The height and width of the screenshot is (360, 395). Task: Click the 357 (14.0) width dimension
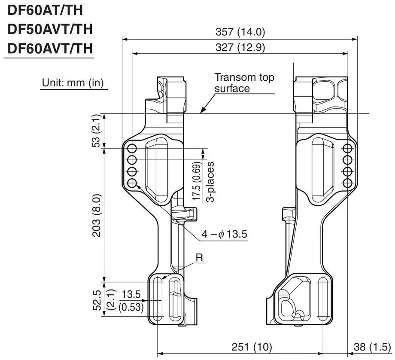click(x=240, y=32)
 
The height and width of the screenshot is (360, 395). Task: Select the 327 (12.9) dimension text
click(x=240, y=47)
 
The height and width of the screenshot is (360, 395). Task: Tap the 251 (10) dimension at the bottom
click(x=252, y=347)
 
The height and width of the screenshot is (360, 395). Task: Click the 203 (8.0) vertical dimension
click(x=97, y=215)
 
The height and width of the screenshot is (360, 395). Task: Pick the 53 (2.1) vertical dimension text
click(x=96, y=131)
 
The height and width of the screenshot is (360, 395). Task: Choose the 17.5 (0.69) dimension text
click(x=197, y=181)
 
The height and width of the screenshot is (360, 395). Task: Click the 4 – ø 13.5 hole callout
click(x=225, y=234)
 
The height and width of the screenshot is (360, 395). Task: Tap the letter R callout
click(x=199, y=258)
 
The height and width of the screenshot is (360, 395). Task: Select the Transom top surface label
click(x=244, y=82)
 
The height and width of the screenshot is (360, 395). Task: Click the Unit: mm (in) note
click(x=73, y=82)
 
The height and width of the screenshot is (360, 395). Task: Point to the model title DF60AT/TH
click(x=46, y=10)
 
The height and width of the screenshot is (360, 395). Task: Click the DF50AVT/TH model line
click(x=50, y=29)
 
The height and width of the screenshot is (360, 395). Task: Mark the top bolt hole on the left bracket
click(x=132, y=148)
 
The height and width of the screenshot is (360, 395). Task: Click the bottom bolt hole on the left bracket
click(x=132, y=183)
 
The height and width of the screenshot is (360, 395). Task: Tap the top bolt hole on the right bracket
click(x=348, y=148)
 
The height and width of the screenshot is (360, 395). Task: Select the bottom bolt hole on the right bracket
click(x=348, y=183)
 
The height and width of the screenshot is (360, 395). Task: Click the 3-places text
click(x=210, y=182)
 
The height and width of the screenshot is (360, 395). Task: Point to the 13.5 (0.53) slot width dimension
click(x=131, y=301)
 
